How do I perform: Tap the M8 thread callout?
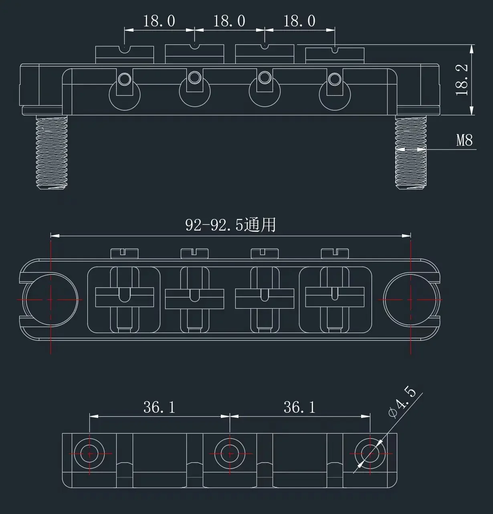(x=465, y=140)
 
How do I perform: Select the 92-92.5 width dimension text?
(x=230, y=225)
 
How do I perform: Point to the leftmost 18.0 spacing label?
(x=159, y=21)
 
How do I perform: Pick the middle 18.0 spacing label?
(x=229, y=21)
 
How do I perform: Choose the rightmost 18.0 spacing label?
(x=299, y=21)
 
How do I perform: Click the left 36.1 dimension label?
(x=160, y=408)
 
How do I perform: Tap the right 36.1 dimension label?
(x=300, y=408)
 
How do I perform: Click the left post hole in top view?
(x=51, y=299)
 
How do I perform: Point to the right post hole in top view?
(x=411, y=299)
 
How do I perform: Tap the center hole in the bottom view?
(x=230, y=454)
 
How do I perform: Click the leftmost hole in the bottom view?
(x=89, y=454)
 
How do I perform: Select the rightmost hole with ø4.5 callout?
(x=370, y=454)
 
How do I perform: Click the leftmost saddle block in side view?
(x=124, y=55)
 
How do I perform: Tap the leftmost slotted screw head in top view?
(x=124, y=253)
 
